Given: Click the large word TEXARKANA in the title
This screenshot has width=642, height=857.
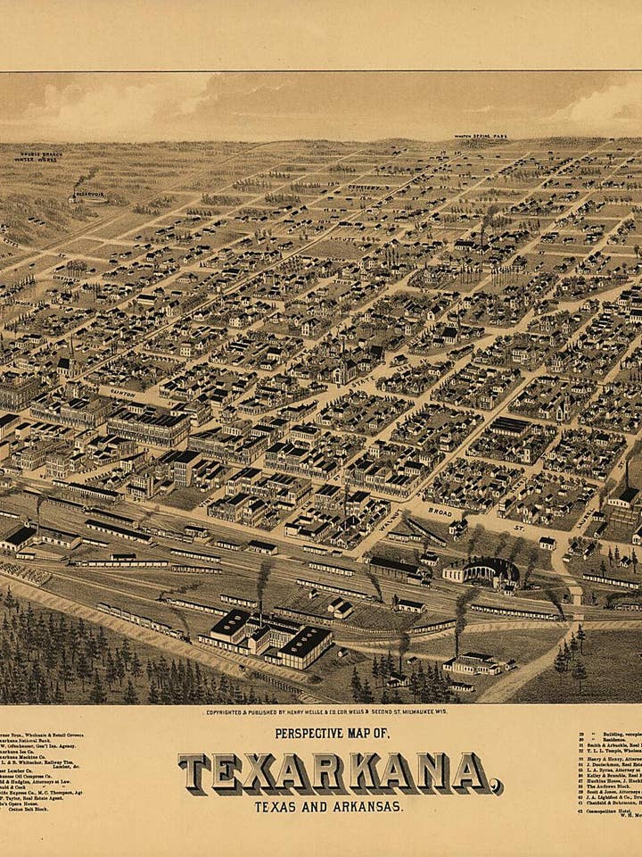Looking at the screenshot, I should click(340, 772).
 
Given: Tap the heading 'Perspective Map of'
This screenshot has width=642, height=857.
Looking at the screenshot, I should click(332, 733).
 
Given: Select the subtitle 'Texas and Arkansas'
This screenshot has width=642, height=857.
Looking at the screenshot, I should click(327, 806).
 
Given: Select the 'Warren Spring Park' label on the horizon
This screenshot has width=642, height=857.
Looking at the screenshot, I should click(480, 137).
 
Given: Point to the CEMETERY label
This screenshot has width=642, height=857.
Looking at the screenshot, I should click(361, 188).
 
